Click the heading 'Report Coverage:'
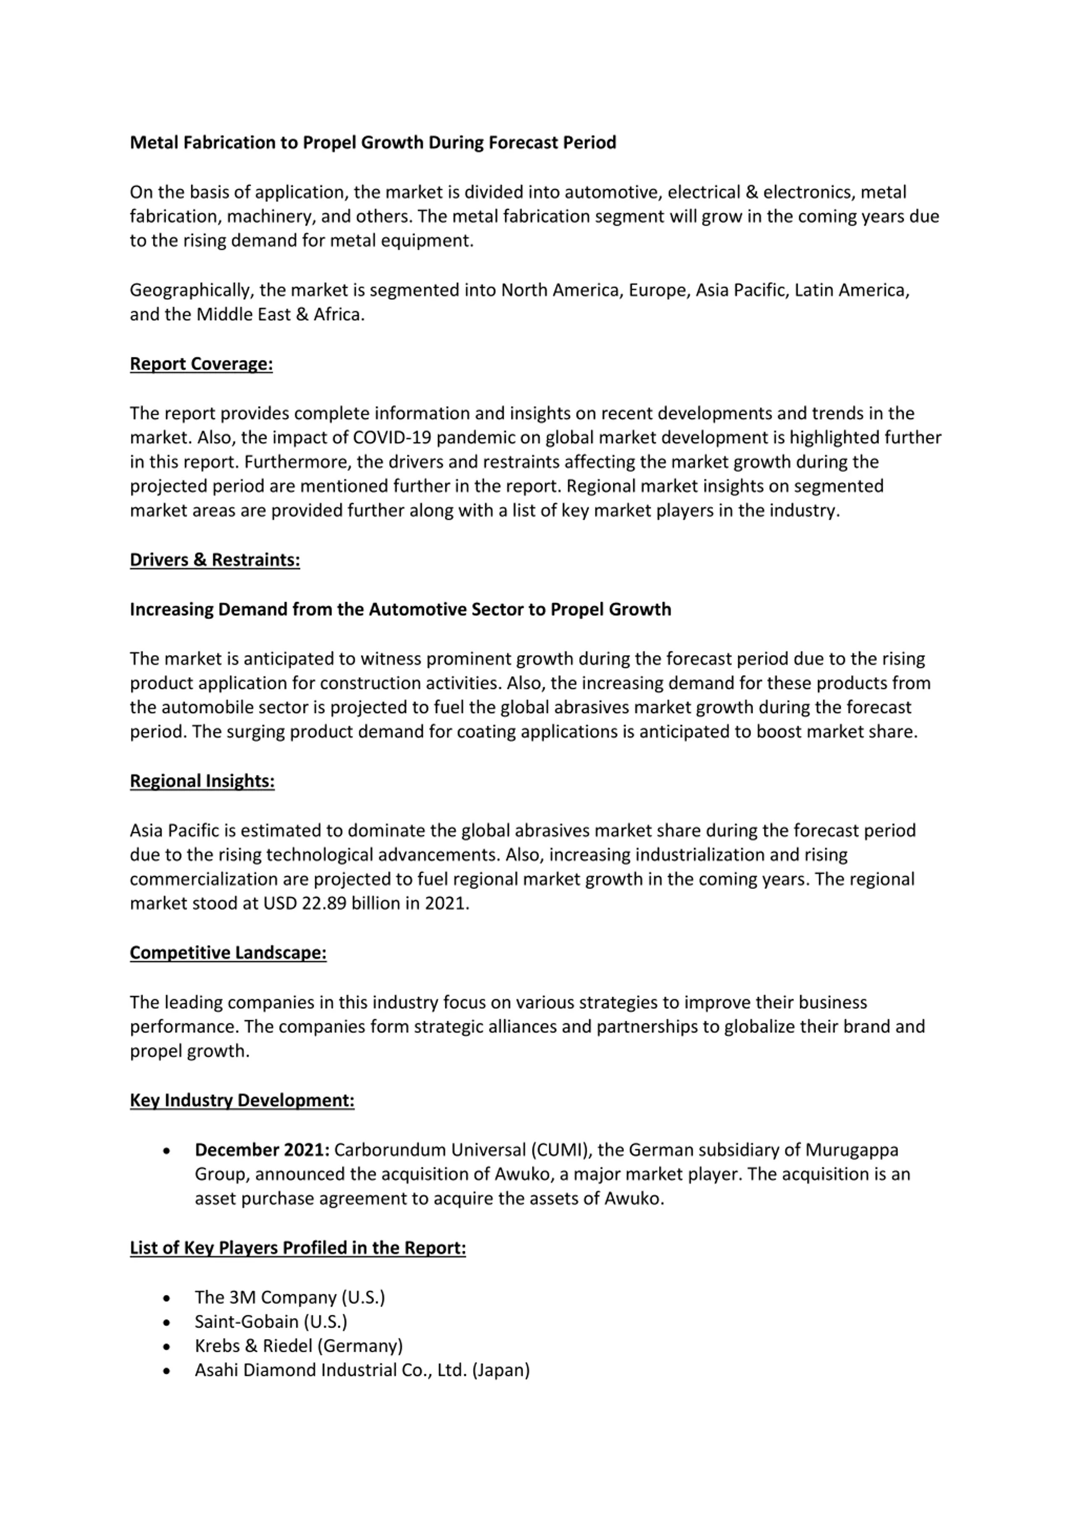(201, 364)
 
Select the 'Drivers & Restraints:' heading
(214, 560)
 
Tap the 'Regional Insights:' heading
(202, 781)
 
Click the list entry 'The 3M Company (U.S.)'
(289, 1297)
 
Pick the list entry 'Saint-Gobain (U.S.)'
(271, 1321)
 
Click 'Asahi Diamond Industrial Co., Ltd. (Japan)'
(362, 1371)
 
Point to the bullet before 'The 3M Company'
(166, 1298)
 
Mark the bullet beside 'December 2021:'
(166, 1151)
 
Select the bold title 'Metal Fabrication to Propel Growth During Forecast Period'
(373, 143)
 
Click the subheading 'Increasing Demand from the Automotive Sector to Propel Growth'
(400, 610)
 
